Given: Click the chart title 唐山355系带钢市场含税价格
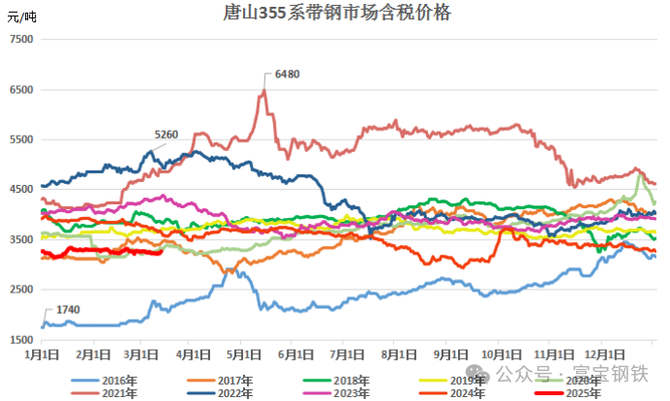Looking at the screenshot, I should (336, 14).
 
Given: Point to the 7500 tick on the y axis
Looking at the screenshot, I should (19, 40).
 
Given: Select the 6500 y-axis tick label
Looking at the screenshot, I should (19, 90).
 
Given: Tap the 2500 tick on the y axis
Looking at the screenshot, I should (19, 291).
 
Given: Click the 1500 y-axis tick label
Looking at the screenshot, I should (19, 340).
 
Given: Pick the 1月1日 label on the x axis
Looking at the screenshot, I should (44, 354).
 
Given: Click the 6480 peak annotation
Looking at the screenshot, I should (288, 74).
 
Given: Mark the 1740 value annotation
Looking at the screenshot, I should (68, 308).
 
